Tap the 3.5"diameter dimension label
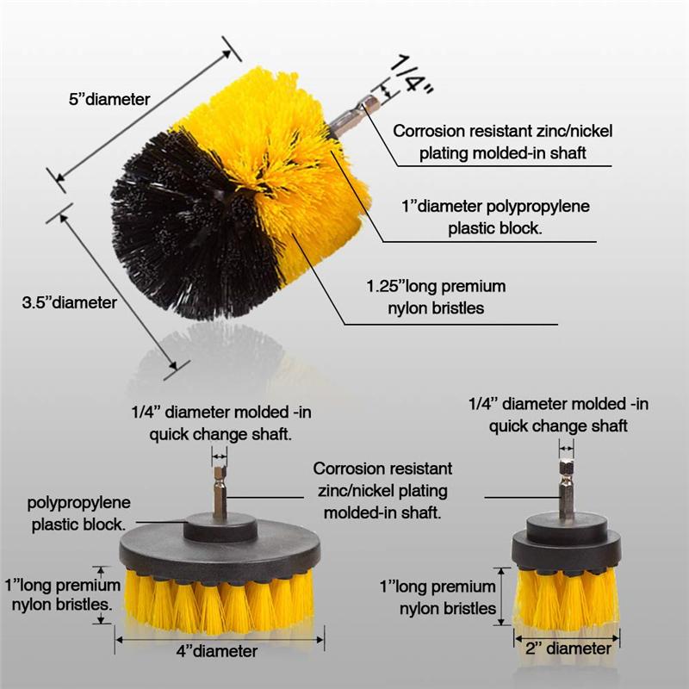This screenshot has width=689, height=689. (69, 302)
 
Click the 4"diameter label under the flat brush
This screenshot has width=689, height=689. (216, 651)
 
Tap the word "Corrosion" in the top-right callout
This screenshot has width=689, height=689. (431, 132)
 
